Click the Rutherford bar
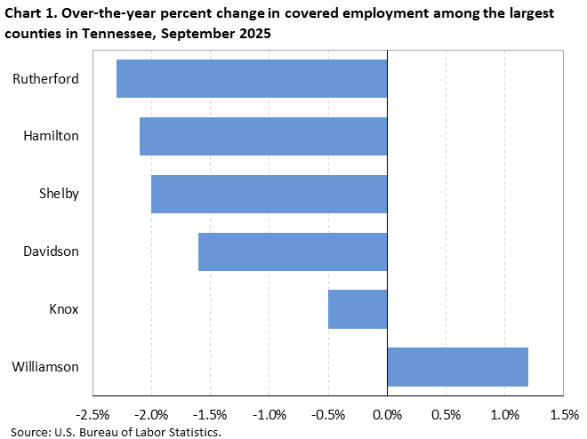(252, 79)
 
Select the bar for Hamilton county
(263, 136)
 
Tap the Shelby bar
(269, 194)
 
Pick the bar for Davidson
(293, 251)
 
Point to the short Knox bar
(358, 308)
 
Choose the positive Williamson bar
(458, 366)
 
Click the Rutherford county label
(45, 79)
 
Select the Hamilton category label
(51, 136)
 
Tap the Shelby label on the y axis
(59, 194)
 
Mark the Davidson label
(51, 251)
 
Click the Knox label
(63, 308)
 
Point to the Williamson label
(45, 366)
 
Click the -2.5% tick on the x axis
(93, 415)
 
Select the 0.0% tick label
(387, 415)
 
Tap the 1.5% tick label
(564, 415)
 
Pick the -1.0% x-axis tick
(269, 415)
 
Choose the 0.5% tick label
(446, 415)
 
